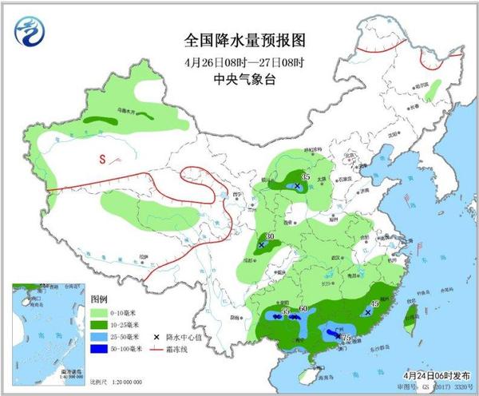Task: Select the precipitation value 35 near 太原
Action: click(x=306, y=176)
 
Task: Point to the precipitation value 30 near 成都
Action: click(x=270, y=236)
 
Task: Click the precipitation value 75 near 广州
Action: click(x=346, y=339)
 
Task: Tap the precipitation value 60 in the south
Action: click(x=303, y=309)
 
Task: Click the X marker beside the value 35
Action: click(x=298, y=185)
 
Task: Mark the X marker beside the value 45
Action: click(x=366, y=312)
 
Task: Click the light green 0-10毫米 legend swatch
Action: click(x=100, y=313)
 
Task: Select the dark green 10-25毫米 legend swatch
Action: click(x=100, y=325)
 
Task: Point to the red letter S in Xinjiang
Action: click(x=102, y=159)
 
